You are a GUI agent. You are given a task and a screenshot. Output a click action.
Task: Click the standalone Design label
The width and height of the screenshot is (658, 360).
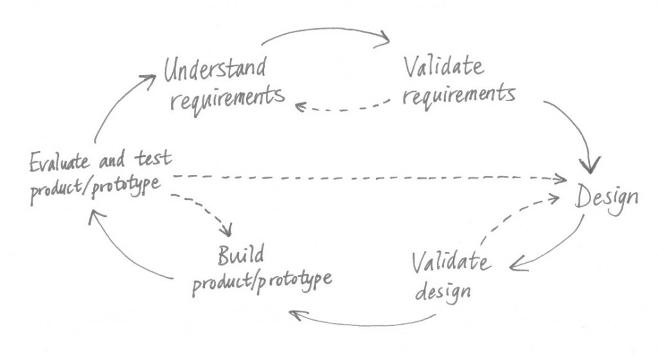point(607,197)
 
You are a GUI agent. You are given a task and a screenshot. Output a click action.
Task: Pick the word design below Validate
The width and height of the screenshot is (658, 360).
point(444,291)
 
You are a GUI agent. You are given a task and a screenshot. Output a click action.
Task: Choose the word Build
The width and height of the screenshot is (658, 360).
point(240,256)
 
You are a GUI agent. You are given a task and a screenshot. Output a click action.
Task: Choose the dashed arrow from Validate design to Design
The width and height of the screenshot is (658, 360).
point(514,215)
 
